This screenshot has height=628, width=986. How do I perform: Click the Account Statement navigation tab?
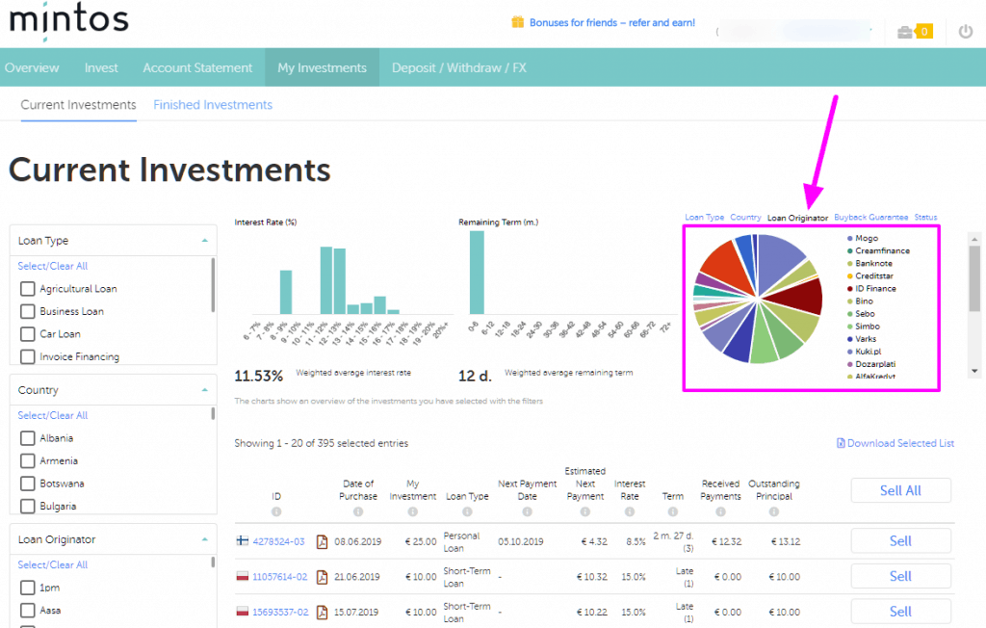197,67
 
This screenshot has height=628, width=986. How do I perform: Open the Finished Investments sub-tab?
213,105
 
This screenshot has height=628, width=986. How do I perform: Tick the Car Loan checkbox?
28,334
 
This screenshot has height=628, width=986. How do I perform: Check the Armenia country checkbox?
28,461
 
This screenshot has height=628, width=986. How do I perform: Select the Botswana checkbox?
28,484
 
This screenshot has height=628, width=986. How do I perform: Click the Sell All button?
900,490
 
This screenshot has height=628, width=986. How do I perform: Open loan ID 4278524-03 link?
278,541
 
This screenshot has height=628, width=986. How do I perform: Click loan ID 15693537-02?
280,612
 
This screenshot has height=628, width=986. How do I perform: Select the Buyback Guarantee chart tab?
870,218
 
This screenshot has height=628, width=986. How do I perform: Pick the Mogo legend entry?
866,238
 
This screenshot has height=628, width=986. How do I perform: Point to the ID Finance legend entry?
874,289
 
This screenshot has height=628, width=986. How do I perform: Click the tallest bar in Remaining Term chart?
477,272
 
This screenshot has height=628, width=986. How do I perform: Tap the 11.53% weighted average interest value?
259,376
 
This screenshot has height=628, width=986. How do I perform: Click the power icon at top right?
966,32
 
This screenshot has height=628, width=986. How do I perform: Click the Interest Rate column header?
630,490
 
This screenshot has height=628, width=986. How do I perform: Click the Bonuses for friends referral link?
605,22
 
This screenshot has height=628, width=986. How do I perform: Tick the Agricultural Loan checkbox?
28,289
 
